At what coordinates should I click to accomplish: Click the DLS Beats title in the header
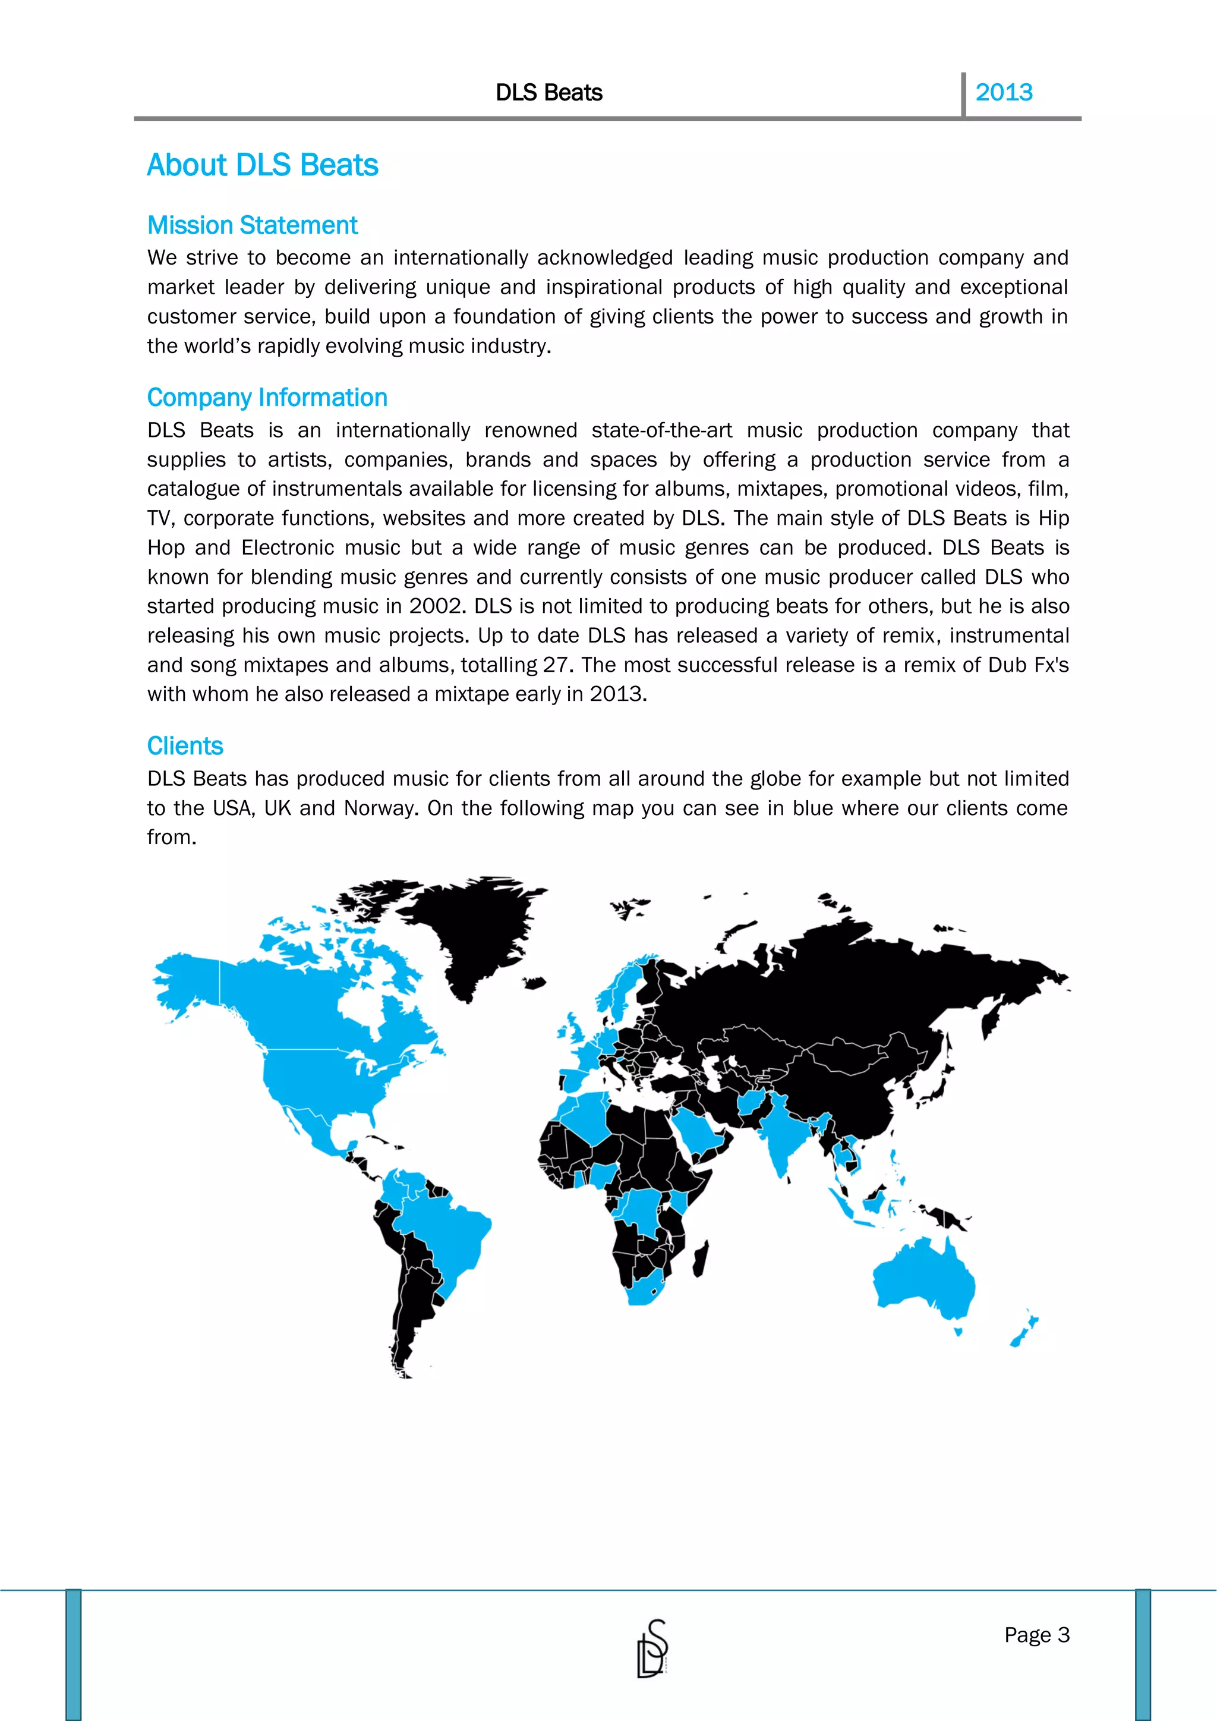548,92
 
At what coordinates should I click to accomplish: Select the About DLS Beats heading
262,165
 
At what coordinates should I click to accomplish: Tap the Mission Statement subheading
252,225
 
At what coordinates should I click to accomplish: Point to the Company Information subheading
267,397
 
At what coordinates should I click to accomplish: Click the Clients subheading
184,746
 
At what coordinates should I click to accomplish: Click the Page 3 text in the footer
1036,1634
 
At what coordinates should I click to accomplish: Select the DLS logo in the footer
652,1648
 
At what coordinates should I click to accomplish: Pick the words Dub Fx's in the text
1028,665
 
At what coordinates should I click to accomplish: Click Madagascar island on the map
701,1259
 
